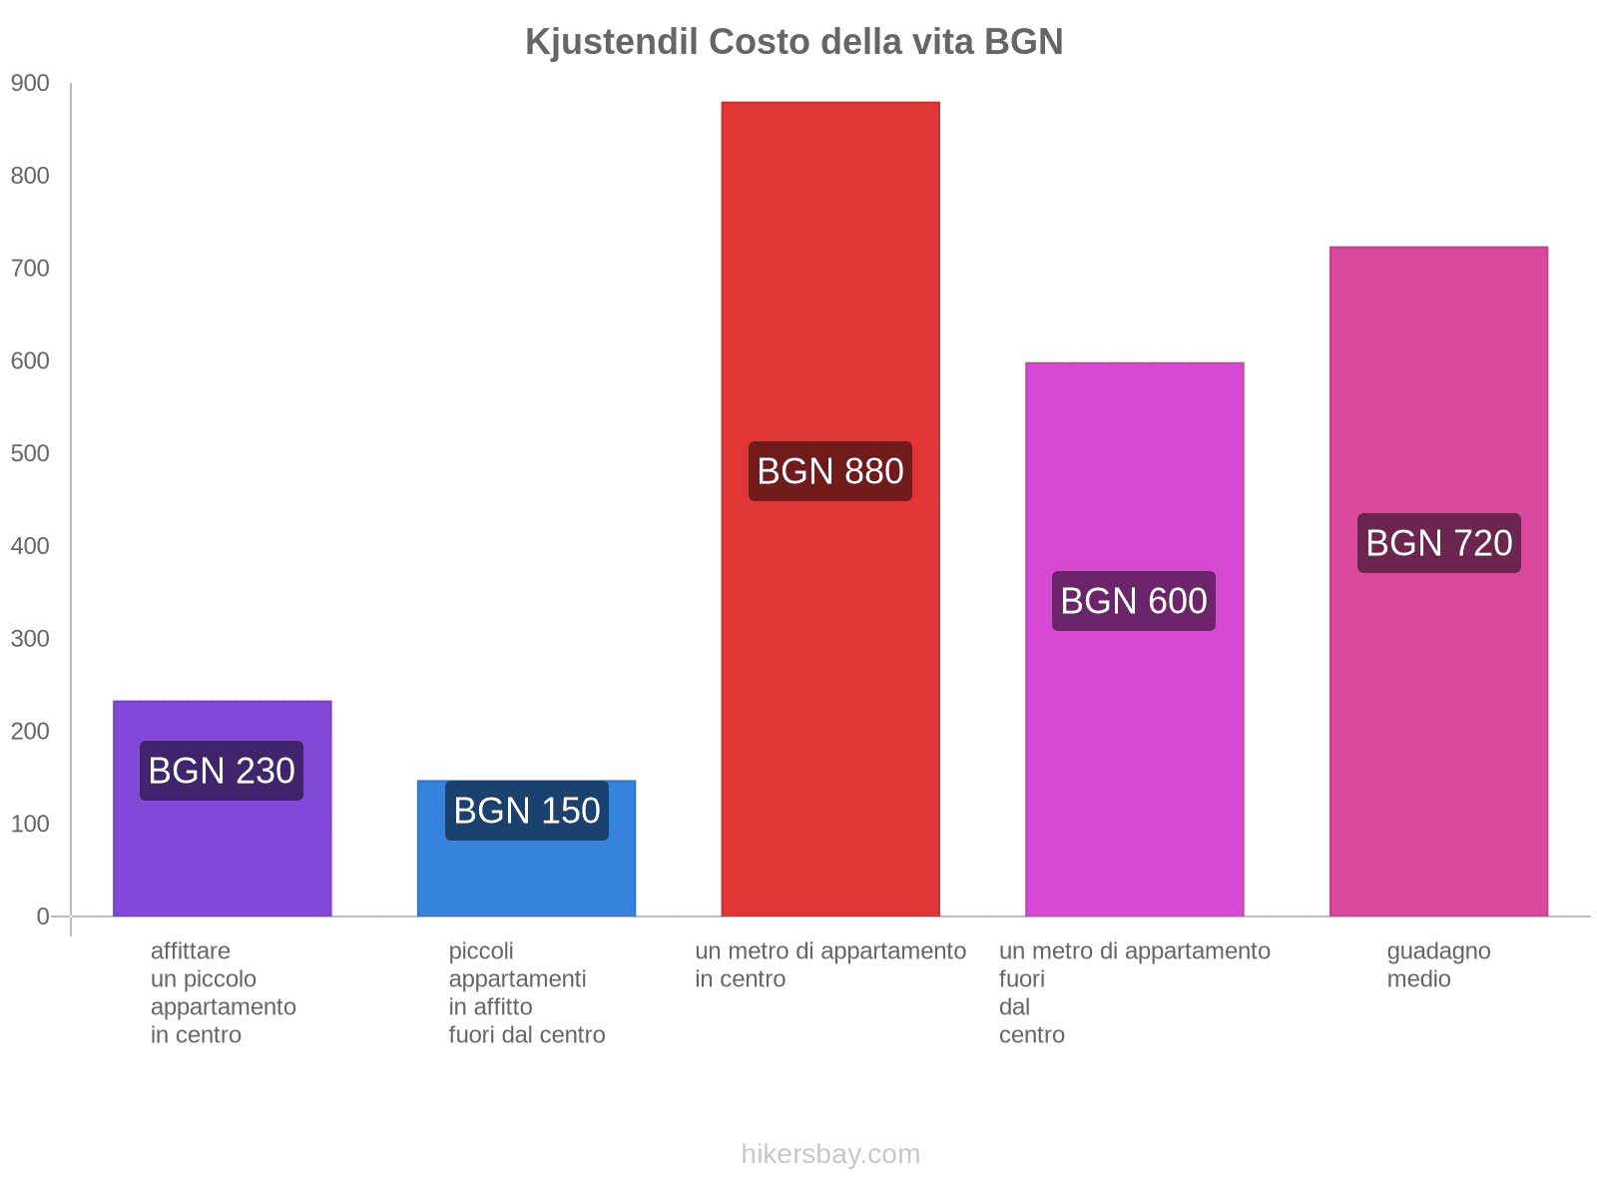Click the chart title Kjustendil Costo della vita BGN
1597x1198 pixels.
794,42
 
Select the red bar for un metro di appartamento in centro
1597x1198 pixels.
829,299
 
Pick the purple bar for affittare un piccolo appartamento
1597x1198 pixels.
222,859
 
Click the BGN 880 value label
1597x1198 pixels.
829,471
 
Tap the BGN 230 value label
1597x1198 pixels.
222,771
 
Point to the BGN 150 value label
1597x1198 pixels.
526,811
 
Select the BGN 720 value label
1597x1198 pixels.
1438,543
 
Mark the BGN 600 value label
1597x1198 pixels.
1134,601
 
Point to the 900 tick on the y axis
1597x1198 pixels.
30,84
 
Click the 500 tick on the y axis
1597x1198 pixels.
30,454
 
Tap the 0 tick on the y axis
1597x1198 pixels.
42,916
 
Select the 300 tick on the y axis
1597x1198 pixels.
30,639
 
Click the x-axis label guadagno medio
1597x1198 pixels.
1438,964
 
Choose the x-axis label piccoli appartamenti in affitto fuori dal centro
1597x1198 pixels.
526,992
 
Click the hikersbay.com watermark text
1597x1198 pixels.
829,1154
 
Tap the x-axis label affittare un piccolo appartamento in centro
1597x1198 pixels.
222,992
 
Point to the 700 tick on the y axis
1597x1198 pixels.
30,269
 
